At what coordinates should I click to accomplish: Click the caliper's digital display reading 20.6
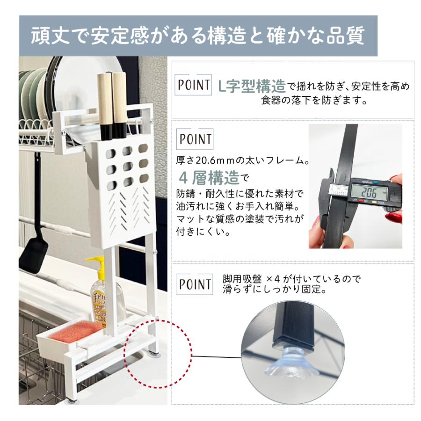pos(370,192)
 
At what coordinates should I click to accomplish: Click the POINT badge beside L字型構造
pos(193,85)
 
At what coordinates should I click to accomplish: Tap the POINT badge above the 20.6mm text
pos(195,139)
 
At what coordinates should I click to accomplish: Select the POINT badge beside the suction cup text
pos(195,284)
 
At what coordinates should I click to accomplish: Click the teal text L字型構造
pos(252,86)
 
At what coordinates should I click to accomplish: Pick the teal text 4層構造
pos(209,177)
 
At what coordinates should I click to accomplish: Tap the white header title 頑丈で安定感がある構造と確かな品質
pos(198,36)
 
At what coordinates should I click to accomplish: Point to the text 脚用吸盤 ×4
pos(251,279)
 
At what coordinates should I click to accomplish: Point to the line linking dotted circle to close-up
pos(217,357)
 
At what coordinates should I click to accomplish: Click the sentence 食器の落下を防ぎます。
pos(314,101)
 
